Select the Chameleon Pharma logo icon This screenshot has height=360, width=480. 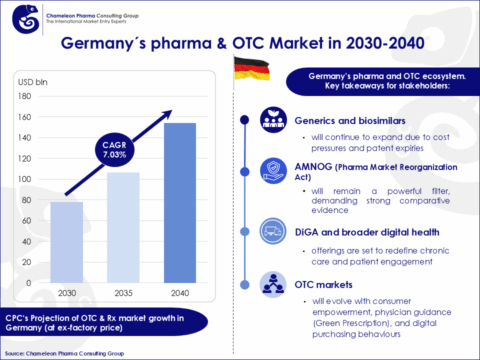click(16, 15)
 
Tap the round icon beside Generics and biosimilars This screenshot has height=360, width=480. click(271, 118)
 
